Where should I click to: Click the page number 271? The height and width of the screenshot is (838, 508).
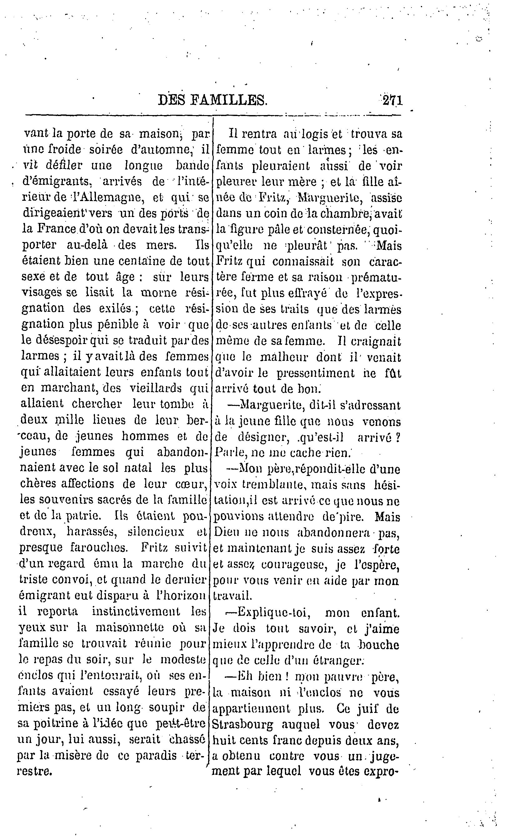click(392, 101)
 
